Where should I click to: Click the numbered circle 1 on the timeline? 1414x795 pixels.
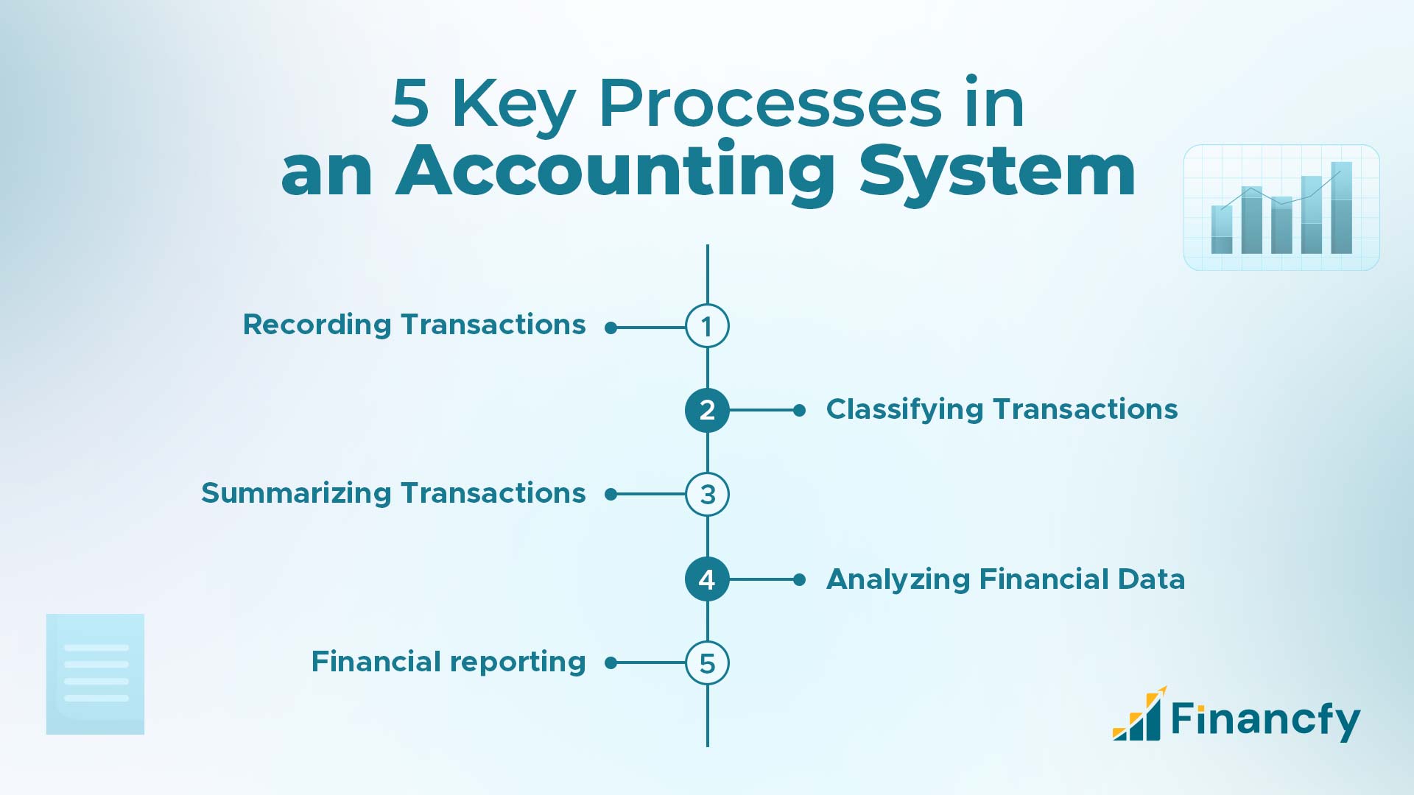click(x=707, y=326)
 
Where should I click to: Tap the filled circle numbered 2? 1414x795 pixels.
click(x=707, y=410)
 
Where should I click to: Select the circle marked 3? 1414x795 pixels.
click(x=707, y=494)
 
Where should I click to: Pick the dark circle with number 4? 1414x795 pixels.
click(x=707, y=579)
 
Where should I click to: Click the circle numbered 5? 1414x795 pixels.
click(x=707, y=663)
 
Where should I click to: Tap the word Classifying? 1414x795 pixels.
click(x=904, y=410)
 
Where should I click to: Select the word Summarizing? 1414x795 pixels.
click(x=295, y=494)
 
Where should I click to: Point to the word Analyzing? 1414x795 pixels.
click(x=898, y=580)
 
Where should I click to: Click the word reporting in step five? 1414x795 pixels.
click(x=516, y=662)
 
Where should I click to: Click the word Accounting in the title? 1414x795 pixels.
click(x=616, y=172)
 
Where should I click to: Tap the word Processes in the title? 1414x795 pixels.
click(x=770, y=104)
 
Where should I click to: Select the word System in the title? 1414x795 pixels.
click(x=997, y=172)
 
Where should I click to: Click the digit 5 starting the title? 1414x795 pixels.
click(x=409, y=104)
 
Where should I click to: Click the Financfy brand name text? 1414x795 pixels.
click(x=1264, y=719)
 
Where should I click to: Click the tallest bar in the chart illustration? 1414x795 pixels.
click(x=1341, y=208)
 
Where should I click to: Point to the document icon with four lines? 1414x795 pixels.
click(x=96, y=674)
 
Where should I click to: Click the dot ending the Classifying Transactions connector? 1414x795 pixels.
click(x=800, y=410)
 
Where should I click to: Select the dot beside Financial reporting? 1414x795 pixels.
click(x=611, y=663)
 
